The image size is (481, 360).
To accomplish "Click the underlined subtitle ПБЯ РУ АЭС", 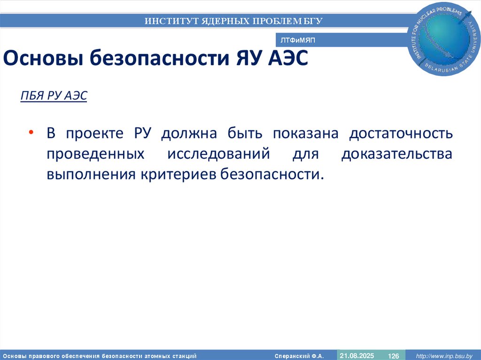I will coord(54,96).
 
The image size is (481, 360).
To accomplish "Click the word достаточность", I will coord(401,133).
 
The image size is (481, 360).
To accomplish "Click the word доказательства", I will coord(397,154).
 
